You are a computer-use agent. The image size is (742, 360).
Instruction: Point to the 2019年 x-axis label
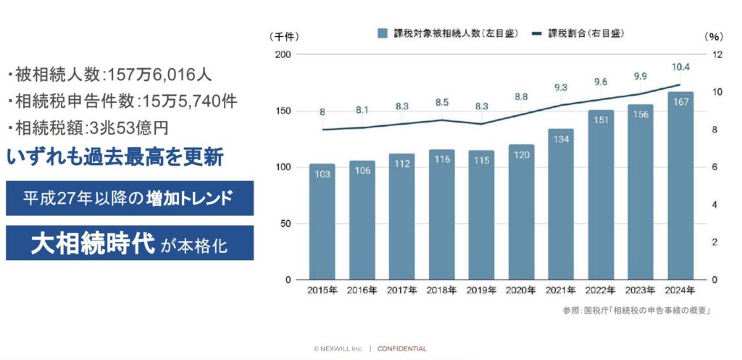click(480, 290)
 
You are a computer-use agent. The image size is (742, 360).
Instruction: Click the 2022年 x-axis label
click(600, 290)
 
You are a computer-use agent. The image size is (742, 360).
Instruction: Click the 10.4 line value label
click(680, 67)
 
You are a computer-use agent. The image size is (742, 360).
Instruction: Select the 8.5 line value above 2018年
click(441, 102)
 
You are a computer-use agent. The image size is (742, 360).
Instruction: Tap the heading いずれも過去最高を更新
click(114, 157)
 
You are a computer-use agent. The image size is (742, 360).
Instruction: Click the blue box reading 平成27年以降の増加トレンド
click(129, 198)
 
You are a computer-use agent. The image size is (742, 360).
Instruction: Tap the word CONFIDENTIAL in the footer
click(402, 348)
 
